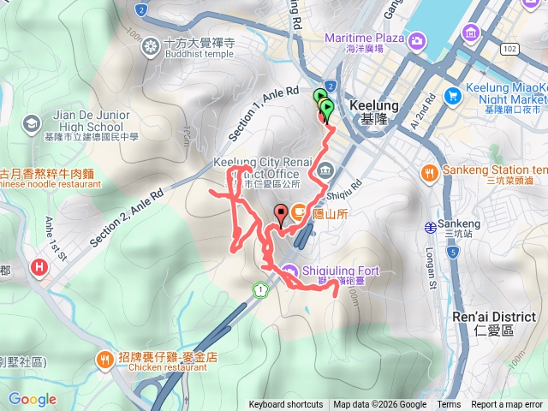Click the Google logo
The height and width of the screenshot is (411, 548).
pos(33,399)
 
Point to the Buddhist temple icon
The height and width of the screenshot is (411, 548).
pos(152,45)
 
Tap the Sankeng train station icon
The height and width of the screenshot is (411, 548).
pos(430,227)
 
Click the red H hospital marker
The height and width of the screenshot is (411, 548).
pos(39,268)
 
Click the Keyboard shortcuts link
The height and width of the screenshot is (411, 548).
pos(286,405)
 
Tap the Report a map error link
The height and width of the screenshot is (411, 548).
pos(507,405)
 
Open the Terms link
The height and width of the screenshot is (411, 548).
pos(449,405)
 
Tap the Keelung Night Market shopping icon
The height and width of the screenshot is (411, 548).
pos(472,33)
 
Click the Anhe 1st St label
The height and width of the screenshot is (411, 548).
pos(56,238)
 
